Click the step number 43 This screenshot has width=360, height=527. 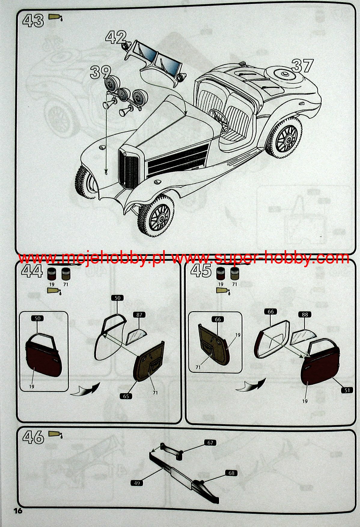(33, 21)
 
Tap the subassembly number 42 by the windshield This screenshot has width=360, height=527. (116, 38)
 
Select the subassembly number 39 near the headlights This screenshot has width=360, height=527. (100, 72)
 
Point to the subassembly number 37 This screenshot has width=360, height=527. (302, 66)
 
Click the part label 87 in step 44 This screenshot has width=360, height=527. (139, 315)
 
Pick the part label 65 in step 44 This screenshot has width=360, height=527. (126, 396)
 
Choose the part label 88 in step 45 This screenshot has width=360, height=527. (305, 314)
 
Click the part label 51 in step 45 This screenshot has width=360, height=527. (347, 390)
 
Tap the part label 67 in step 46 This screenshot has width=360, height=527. (210, 443)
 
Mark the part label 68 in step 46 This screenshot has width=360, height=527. (231, 473)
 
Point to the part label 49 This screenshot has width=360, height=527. (137, 483)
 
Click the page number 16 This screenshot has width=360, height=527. (18, 510)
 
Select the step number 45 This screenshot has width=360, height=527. (201, 271)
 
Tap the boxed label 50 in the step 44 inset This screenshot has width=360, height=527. (38, 318)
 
